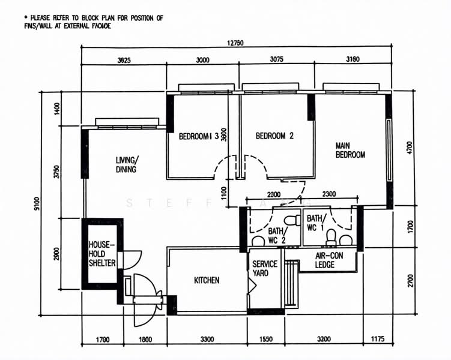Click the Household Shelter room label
102,254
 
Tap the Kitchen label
207,280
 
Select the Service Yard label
265,269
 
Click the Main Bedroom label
350,150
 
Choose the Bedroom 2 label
274,136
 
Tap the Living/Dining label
127,164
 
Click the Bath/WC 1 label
315,223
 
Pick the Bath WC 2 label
277,236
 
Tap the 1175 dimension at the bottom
377,340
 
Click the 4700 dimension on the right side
410,148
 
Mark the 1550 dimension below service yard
266,340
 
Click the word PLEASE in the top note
41,18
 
